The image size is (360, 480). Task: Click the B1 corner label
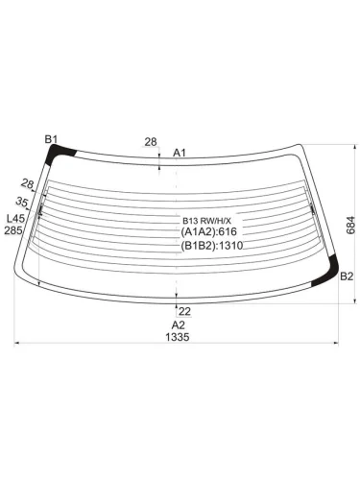(51, 139)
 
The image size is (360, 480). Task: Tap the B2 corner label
(347, 276)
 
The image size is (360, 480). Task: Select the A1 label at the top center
(180, 153)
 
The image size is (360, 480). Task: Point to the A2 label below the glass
(179, 325)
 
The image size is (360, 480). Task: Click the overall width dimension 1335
(178, 337)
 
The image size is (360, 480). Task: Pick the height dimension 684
(350, 226)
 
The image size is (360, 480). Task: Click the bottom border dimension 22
(184, 311)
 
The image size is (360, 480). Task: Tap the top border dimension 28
(151, 142)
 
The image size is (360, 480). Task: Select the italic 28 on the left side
(28, 184)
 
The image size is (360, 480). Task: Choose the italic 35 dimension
(22, 202)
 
